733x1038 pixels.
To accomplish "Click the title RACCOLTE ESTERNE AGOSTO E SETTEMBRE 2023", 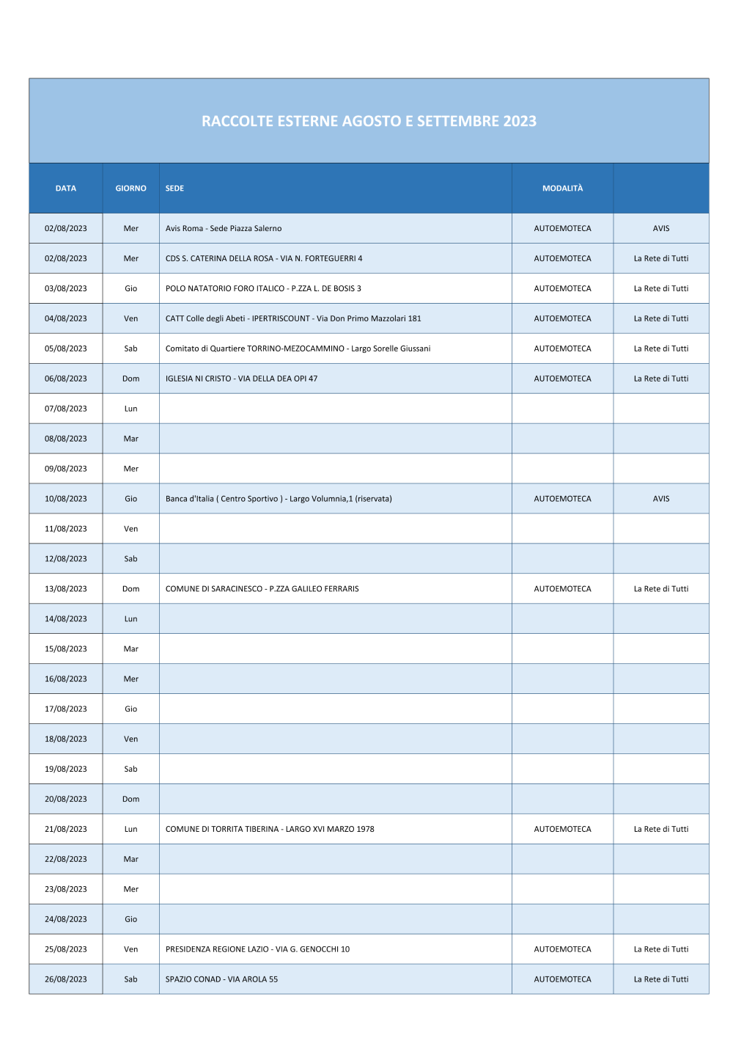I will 369,121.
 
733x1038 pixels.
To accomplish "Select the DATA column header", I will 66,189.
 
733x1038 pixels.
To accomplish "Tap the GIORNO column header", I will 130,189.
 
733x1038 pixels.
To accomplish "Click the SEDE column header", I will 174,189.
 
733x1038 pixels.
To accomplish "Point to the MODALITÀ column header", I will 562,189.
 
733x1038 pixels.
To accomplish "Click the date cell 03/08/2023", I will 66,288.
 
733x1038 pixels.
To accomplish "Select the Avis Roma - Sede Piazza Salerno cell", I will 224,228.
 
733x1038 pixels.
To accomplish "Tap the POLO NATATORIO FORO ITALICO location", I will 263,288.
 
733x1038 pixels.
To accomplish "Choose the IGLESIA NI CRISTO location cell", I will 241,379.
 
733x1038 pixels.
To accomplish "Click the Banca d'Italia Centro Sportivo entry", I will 279,499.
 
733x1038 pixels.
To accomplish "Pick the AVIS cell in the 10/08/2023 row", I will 661,499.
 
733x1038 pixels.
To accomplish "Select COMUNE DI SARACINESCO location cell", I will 262,589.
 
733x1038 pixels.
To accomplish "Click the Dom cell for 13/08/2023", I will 130,589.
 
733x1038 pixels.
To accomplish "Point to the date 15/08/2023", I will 66,649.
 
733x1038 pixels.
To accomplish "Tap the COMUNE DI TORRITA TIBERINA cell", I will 270,829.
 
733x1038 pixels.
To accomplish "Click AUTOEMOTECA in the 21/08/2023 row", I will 562,829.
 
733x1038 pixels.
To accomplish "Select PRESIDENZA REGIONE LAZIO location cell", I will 257,949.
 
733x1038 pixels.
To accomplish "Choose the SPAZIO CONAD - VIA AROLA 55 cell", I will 221,979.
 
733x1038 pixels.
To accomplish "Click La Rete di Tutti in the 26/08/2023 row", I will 661,979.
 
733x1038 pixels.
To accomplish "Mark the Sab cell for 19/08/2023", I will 130,769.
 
